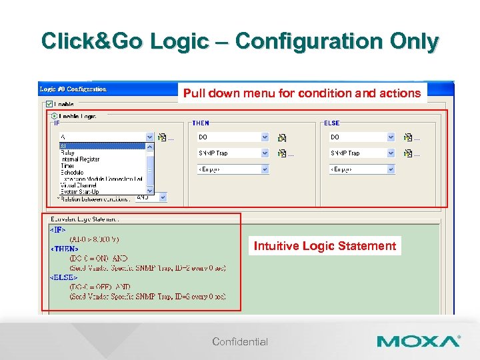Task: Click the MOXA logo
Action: (x=418, y=341)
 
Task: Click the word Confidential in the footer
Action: (x=240, y=342)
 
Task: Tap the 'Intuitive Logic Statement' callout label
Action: (x=325, y=246)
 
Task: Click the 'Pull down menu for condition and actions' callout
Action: (x=302, y=93)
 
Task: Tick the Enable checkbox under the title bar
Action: (x=49, y=105)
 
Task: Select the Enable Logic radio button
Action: (x=54, y=116)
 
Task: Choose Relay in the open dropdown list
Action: (x=67, y=153)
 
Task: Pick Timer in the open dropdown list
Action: (x=67, y=165)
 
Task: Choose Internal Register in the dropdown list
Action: (x=80, y=159)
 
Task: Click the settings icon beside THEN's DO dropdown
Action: (x=282, y=137)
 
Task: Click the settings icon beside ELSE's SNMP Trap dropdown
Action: (x=408, y=153)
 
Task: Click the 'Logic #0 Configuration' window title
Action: (x=73, y=89)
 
